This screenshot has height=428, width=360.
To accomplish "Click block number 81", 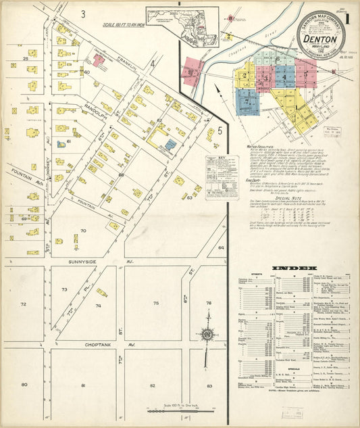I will coord(83,385).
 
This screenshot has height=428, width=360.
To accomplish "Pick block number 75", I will coord(155,304).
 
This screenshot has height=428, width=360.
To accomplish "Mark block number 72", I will coord(24,304).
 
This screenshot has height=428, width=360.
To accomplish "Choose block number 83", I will coord(209,385).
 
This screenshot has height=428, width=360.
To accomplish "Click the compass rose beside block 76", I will coord(208,334).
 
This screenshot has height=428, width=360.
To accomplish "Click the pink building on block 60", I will coord(99,60).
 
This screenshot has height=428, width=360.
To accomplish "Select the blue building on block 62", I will coord(170,144).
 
